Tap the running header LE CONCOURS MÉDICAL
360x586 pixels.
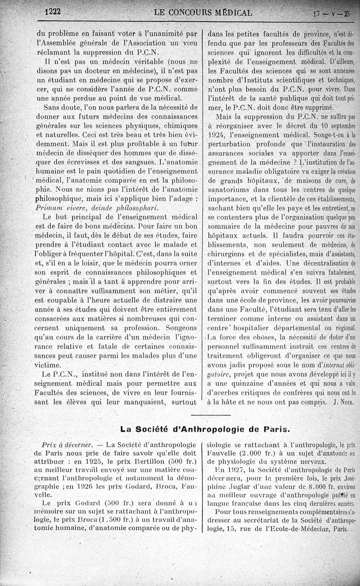[x=202, y=12]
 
